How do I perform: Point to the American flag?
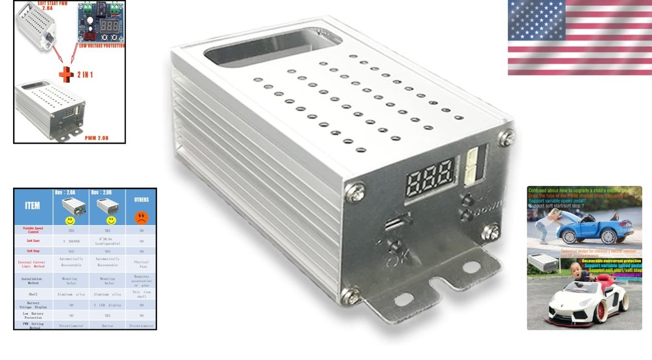pos(579,37)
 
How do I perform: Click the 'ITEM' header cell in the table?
pos(32,205)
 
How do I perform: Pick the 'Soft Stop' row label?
pos(33,250)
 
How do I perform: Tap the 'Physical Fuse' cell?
pos(141,263)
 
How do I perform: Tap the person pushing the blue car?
pos(546,225)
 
